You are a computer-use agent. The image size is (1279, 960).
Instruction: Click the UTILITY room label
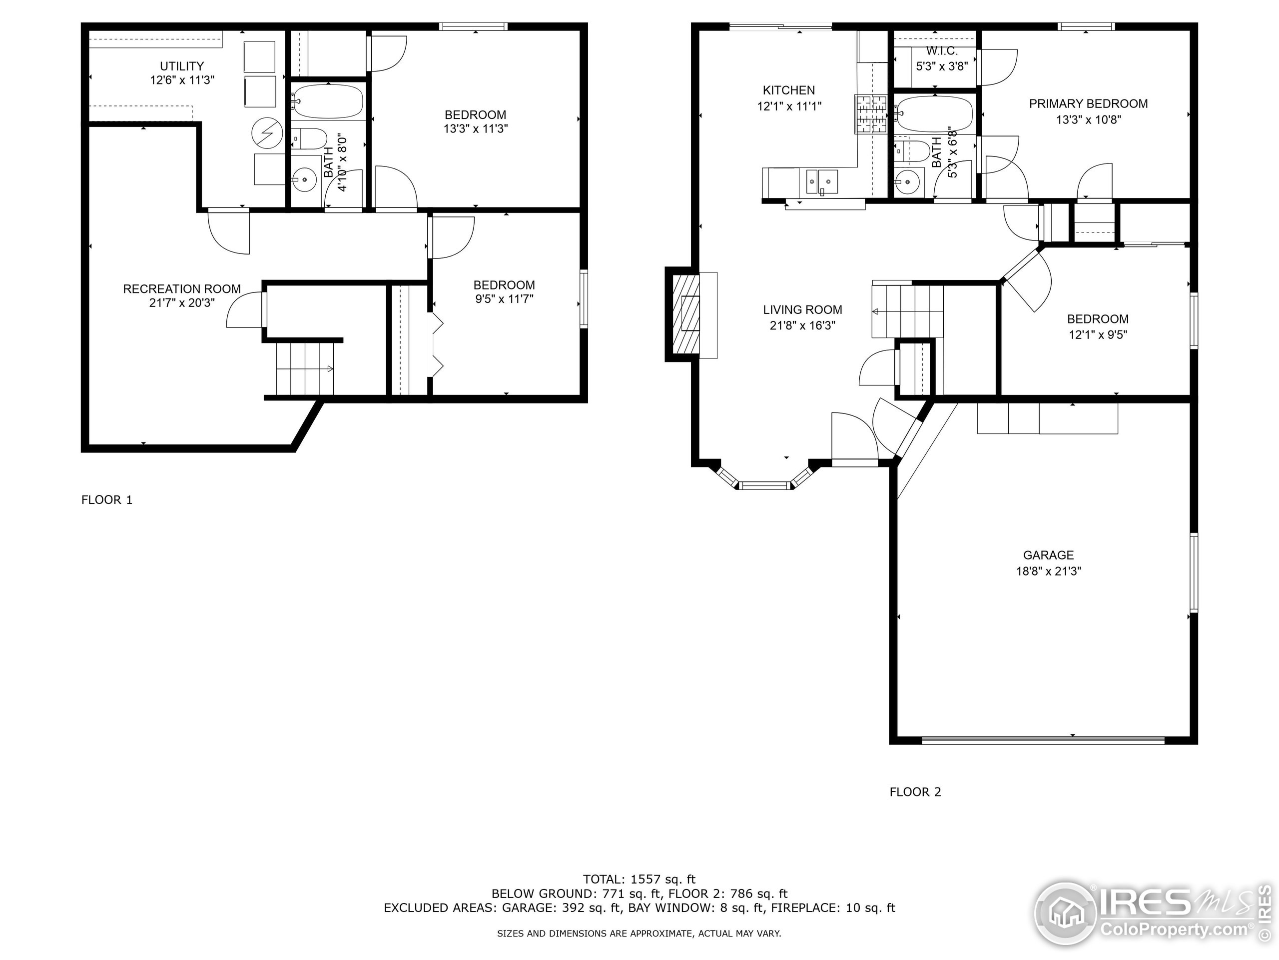[181, 66]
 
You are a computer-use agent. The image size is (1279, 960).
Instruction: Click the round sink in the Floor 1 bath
[304, 180]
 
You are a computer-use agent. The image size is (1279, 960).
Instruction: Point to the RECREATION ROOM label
[181, 289]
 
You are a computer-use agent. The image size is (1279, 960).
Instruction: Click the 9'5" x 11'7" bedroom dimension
[504, 299]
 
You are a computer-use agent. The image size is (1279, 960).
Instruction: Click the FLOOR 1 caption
[107, 500]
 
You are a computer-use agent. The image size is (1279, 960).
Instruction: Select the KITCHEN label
[789, 90]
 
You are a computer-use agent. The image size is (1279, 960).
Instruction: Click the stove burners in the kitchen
[871, 114]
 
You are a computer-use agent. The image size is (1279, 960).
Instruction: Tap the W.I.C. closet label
[942, 51]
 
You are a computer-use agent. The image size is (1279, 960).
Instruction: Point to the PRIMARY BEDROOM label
[1088, 103]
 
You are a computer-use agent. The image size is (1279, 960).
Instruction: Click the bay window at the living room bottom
[765, 485]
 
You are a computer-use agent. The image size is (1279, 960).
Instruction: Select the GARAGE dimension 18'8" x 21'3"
[1048, 571]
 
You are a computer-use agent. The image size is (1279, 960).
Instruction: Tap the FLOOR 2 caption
[915, 791]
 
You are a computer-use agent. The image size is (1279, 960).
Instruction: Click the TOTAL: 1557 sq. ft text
[639, 879]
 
